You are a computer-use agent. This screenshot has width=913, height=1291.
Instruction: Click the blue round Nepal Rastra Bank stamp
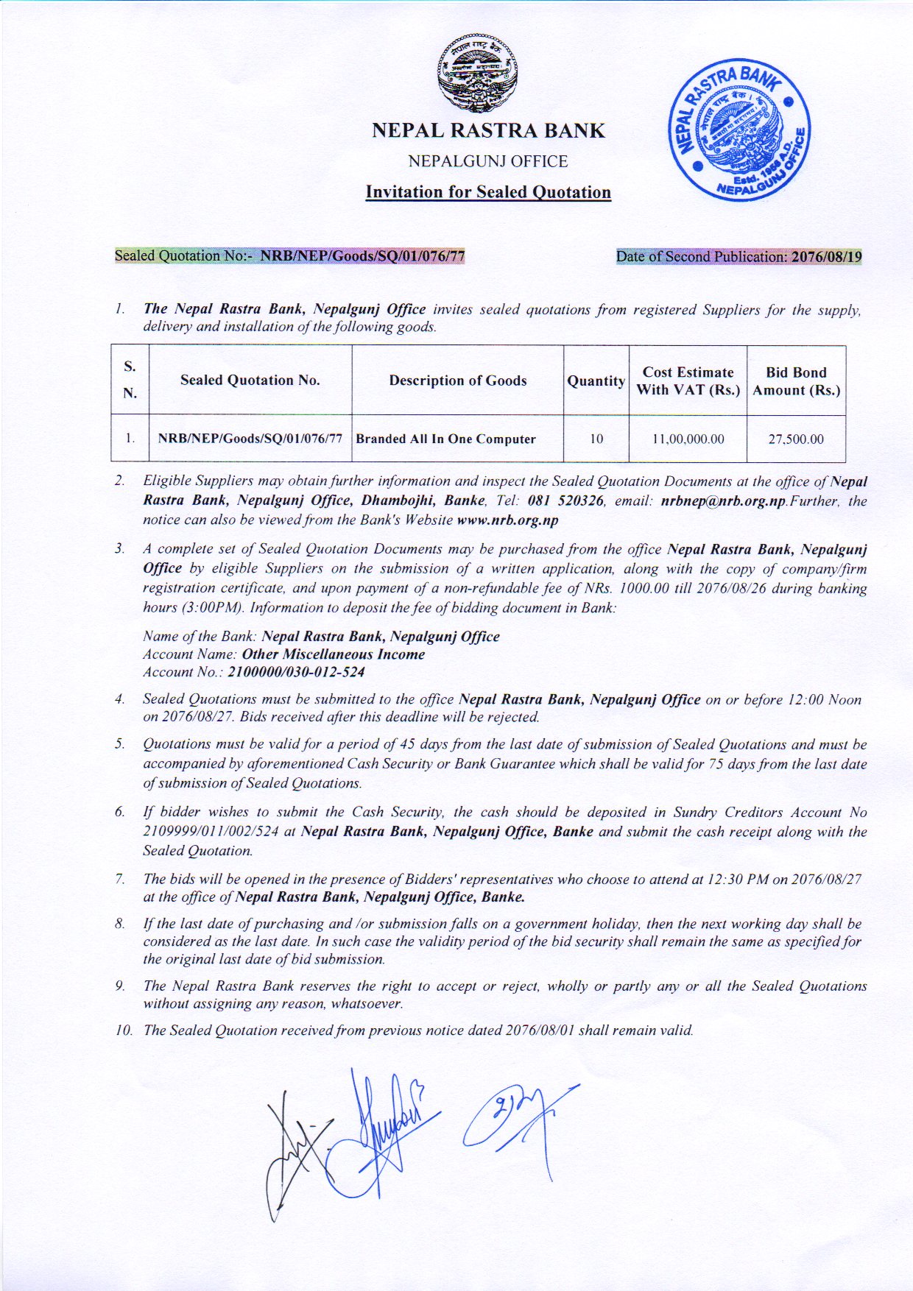tap(738, 133)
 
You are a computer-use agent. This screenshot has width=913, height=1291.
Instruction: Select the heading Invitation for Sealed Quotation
tap(488, 193)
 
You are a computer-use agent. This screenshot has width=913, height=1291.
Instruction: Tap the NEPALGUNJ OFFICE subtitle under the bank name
tap(488, 161)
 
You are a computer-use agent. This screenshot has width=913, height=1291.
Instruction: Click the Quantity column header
tap(596, 381)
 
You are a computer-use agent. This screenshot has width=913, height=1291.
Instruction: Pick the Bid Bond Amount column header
tap(796, 381)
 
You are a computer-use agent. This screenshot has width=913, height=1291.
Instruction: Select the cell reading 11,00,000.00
tap(688, 439)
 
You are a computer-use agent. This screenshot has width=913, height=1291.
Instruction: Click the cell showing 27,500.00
tap(796, 439)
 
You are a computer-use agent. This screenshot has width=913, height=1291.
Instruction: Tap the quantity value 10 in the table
tap(596, 439)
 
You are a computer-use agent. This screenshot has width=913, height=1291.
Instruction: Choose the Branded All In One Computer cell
tap(446, 439)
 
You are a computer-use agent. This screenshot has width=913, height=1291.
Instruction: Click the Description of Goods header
tap(458, 381)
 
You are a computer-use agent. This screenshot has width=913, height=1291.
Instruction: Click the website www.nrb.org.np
tap(507, 520)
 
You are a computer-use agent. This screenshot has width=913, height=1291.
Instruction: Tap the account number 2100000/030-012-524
tap(296, 672)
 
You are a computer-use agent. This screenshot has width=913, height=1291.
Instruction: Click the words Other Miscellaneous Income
tap(333, 654)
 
